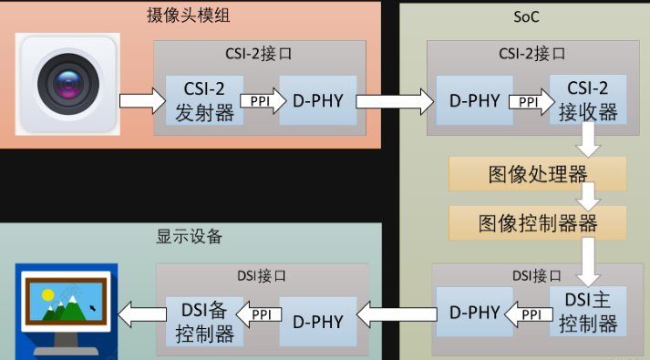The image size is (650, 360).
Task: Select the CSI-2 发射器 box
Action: [x=204, y=100]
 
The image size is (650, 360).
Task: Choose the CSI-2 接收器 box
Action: [x=587, y=100]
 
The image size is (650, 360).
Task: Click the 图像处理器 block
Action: [x=537, y=173]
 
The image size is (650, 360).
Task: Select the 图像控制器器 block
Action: [x=537, y=222]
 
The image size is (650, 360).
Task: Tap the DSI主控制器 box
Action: [x=587, y=312]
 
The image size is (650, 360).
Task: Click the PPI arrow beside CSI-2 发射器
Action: [x=261, y=100]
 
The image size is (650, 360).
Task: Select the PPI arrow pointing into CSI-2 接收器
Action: [x=529, y=101]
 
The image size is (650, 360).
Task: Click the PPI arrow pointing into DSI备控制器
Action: [x=261, y=316]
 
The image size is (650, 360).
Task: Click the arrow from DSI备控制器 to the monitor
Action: [x=141, y=316]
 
